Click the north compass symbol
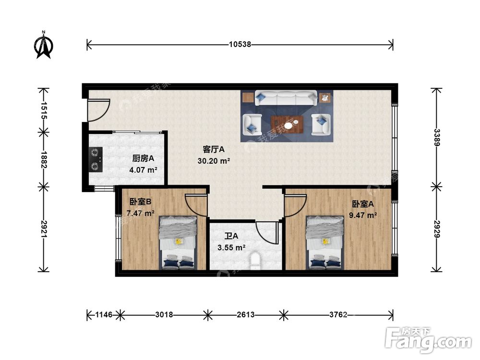pyautogui.click(x=44, y=45)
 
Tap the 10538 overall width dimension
pyautogui.click(x=240, y=44)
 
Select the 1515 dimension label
pyautogui.click(x=44, y=110)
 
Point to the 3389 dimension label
pyautogui.click(x=436, y=137)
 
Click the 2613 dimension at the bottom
pyautogui.click(x=245, y=314)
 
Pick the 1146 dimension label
pyautogui.click(x=104, y=314)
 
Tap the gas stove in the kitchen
pyautogui.click(x=96, y=159)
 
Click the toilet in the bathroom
pyautogui.click(x=255, y=261)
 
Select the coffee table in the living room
pyautogui.click(x=287, y=125)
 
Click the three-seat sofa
pyautogui.click(x=286, y=97)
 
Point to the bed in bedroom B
pyautogui.click(x=178, y=243)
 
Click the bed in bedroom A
pyautogui.click(x=325, y=243)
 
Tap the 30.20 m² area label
pyautogui.click(x=214, y=161)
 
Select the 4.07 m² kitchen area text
pyautogui.click(x=143, y=169)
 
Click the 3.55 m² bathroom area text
pyautogui.click(x=231, y=247)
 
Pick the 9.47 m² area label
pyautogui.click(x=363, y=215)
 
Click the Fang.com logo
pyautogui.click(x=428, y=339)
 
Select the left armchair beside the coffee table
pyautogui.click(x=252, y=124)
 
